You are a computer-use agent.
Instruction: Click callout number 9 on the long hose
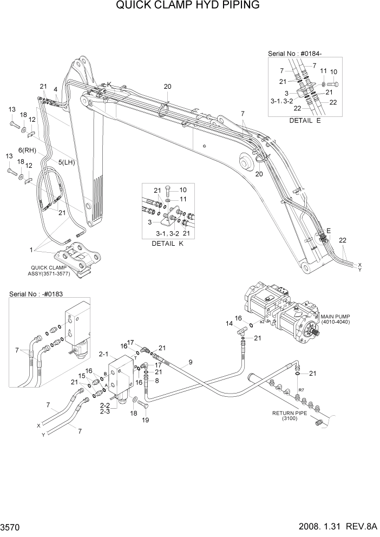coord(190,362)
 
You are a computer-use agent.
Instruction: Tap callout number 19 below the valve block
coord(145,420)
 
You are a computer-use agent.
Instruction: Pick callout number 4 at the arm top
coord(56,89)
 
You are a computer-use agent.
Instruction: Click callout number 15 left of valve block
coord(82,376)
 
